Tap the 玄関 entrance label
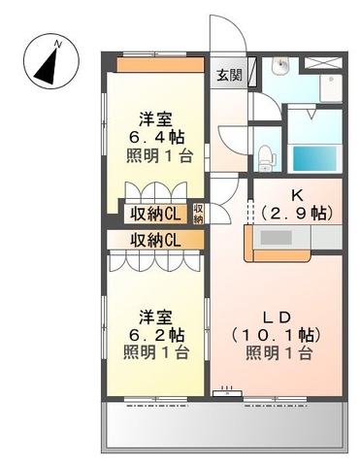(229, 75)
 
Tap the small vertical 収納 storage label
(198, 213)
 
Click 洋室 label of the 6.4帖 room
(154, 119)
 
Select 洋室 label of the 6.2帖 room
(155, 316)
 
